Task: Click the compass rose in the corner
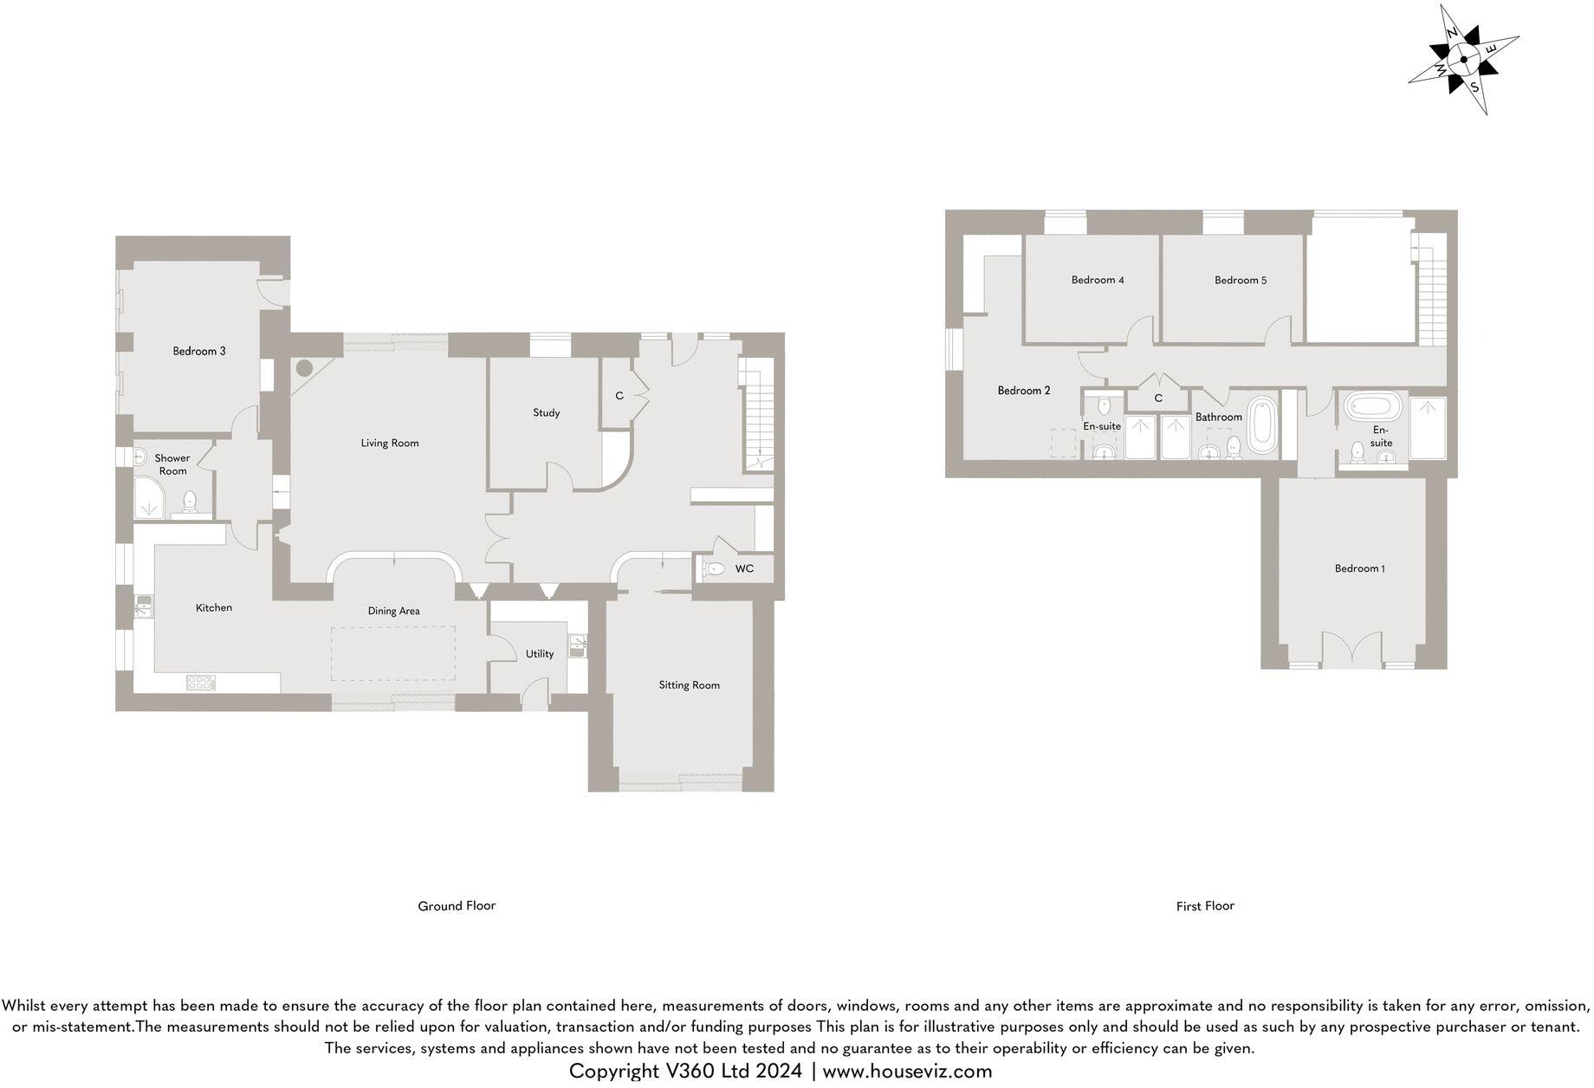tap(1463, 60)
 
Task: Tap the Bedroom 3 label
tap(199, 351)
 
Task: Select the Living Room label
tap(390, 443)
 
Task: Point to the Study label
tap(546, 412)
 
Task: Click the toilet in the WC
tap(714, 569)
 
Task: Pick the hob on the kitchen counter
tap(200, 683)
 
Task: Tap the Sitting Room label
tap(689, 684)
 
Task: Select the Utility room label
tap(539, 653)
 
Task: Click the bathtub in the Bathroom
tap(1262, 424)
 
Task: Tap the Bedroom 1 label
tap(1359, 568)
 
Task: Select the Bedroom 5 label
tap(1240, 280)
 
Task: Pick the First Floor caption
tap(1205, 905)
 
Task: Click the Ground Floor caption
tap(457, 905)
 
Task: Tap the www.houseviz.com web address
tap(907, 1072)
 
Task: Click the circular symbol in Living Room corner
tap(304, 367)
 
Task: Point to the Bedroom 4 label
tap(1098, 280)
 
